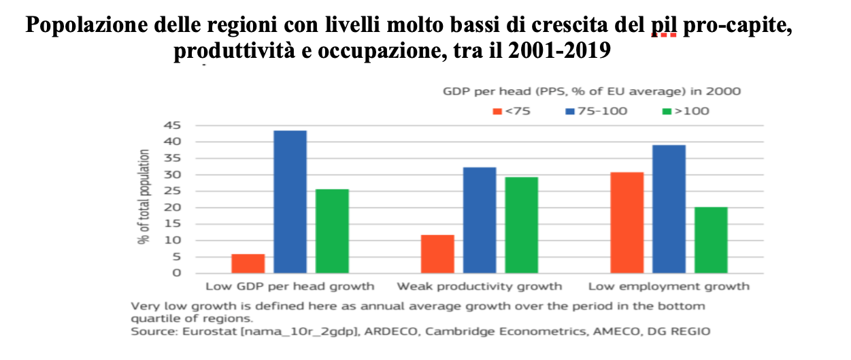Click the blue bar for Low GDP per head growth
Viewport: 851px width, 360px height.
[290, 202]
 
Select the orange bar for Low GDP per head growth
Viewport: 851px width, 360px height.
[248, 263]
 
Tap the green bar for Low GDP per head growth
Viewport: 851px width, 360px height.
[332, 231]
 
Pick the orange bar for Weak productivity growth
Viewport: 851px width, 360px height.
[437, 254]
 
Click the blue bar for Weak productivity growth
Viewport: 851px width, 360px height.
[480, 220]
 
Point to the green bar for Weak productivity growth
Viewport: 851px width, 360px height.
[521, 225]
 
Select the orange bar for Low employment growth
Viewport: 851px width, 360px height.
[627, 223]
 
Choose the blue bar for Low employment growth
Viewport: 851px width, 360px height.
[669, 209]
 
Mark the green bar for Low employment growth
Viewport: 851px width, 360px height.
[711, 240]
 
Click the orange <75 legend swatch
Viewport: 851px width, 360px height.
[497, 112]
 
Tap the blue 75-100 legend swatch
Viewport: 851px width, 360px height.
[570, 112]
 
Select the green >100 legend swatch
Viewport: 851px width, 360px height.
[667, 112]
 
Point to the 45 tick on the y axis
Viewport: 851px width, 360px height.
[172, 125]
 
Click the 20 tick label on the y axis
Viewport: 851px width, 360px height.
[172, 208]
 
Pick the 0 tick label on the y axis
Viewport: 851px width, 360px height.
[177, 273]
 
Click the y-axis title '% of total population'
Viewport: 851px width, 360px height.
[144, 197]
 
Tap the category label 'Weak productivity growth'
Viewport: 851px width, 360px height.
[480, 287]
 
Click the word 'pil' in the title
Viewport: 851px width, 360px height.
[664, 25]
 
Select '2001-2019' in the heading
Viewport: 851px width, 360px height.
[559, 50]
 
